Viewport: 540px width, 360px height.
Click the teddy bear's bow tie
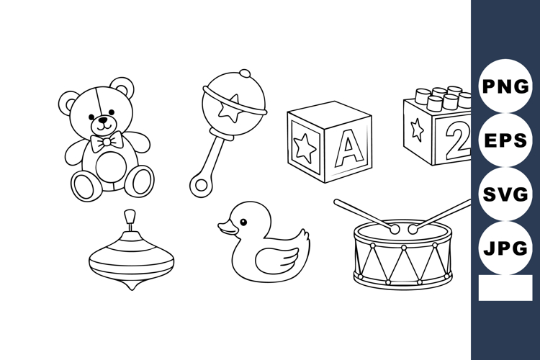107,143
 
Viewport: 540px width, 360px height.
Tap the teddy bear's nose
104,120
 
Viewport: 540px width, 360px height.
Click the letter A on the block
349,148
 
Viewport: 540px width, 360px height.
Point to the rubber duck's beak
225,229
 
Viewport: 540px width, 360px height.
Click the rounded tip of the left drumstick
395,228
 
